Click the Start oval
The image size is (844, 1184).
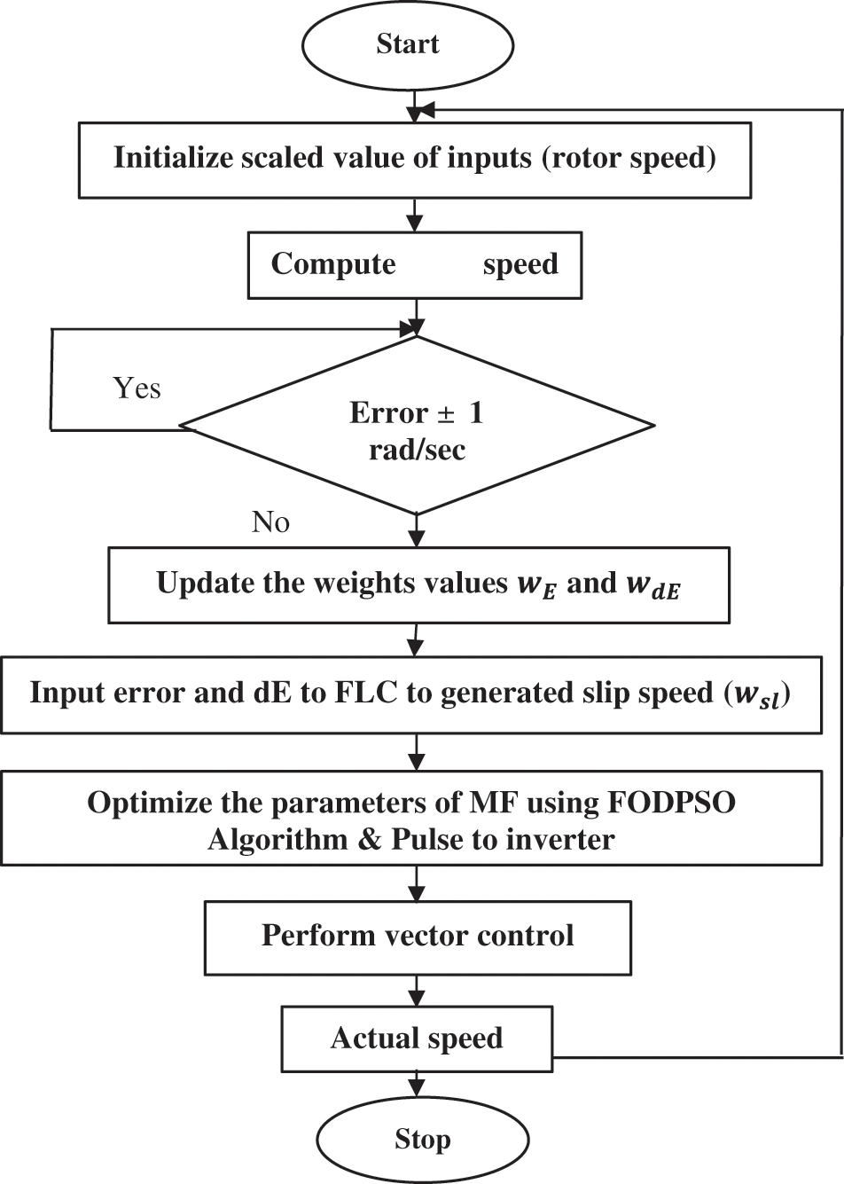pos(408,44)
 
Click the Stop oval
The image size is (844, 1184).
pos(422,1139)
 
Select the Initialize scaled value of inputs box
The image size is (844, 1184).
pos(415,160)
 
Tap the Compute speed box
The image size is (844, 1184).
pos(414,265)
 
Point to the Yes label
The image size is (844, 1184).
pos(137,388)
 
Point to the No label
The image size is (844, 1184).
pos(270,521)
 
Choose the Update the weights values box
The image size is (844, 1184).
pos(418,584)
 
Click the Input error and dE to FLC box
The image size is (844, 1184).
pos(410,694)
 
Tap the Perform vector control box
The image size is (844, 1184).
pos(418,937)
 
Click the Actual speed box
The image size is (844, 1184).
pos(417,1039)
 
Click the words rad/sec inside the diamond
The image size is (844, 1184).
pos(417,450)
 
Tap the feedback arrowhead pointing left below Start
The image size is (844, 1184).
pos(425,109)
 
